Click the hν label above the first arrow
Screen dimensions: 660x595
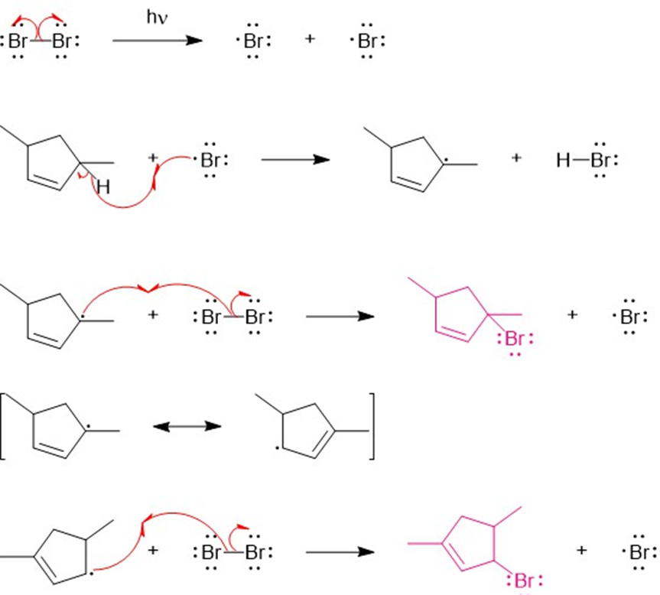(x=157, y=18)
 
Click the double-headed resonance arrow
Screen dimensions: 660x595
(x=187, y=426)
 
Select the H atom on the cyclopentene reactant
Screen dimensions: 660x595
(x=103, y=187)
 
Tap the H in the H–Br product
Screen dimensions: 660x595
(x=563, y=160)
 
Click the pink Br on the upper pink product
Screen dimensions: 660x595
(x=515, y=338)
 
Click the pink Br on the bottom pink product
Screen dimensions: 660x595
(x=524, y=580)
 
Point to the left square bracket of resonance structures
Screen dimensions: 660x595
(x=3, y=426)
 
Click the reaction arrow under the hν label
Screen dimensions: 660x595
(x=158, y=41)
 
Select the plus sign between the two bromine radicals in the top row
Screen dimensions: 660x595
(x=310, y=39)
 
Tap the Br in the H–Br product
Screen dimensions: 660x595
(x=600, y=160)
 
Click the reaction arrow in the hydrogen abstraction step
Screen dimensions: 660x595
(x=295, y=160)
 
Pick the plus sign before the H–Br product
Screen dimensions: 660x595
(x=516, y=158)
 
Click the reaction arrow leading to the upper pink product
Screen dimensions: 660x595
(x=340, y=316)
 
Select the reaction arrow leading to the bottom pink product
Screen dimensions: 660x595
(x=340, y=551)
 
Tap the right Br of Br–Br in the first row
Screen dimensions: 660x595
(x=62, y=41)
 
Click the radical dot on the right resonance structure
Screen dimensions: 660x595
(x=277, y=448)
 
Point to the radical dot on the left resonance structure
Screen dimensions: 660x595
(x=89, y=427)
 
